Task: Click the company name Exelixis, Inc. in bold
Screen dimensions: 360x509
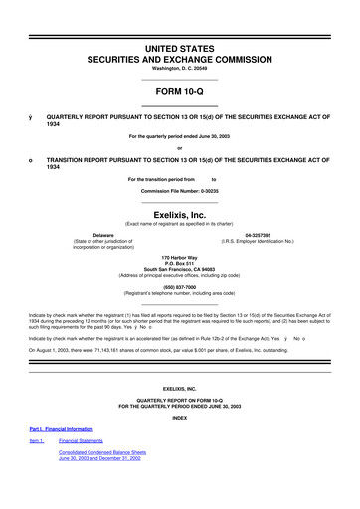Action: coord(179,212)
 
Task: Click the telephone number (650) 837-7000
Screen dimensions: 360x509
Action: coord(179,288)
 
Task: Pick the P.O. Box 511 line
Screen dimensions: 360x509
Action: coord(179,263)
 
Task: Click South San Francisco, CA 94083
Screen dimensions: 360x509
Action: coord(179,269)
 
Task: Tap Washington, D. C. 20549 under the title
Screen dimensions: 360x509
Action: coord(179,68)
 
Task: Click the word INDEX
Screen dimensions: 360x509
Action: coord(179,444)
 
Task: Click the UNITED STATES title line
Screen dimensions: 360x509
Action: coord(179,49)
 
